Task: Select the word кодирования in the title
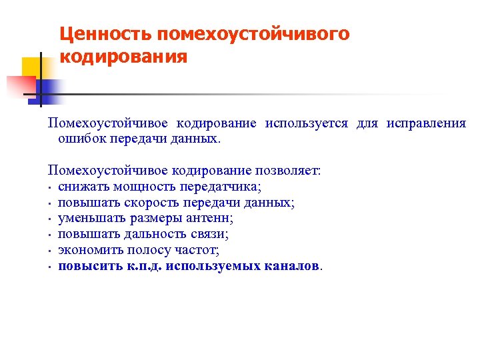[123, 57]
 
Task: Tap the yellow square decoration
[33, 67]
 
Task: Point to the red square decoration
[20, 86]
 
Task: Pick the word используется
[306, 123]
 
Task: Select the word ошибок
[79, 139]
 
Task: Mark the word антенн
[211, 219]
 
